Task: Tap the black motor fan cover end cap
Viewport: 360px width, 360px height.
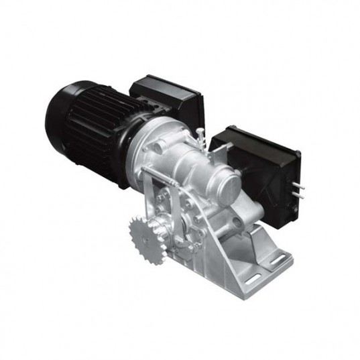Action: click(x=64, y=121)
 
